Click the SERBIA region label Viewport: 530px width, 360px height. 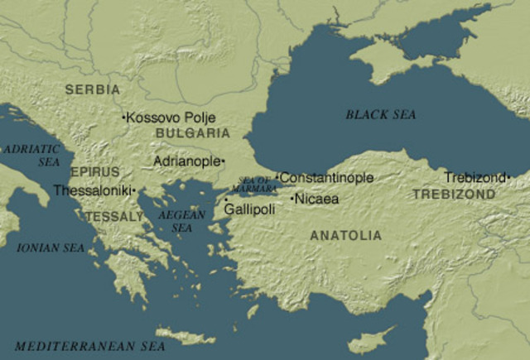pyautogui.click(x=92, y=89)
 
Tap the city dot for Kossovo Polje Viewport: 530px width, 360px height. pyautogui.click(x=124, y=118)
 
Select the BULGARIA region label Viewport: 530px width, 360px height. pyautogui.click(x=192, y=132)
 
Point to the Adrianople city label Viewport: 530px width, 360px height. pyautogui.click(x=186, y=161)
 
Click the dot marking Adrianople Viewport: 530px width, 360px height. pyautogui.click(x=223, y=161)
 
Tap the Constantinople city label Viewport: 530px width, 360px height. pyautogui.click(x=327, y=178)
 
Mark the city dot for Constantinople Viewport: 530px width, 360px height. pyautogui.click(x=277, y=177)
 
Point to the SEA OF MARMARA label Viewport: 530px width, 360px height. pyautogui.click(x=254, y=185)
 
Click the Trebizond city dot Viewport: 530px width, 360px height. pyautogui.click(x=508, y=176)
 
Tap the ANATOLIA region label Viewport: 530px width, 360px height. pyautogui.click(x=345, y=236)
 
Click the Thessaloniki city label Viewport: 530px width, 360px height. pyautogui.click(x=91, y=190)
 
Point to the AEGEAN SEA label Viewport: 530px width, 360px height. pyautogui.click(x=181, y=220)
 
